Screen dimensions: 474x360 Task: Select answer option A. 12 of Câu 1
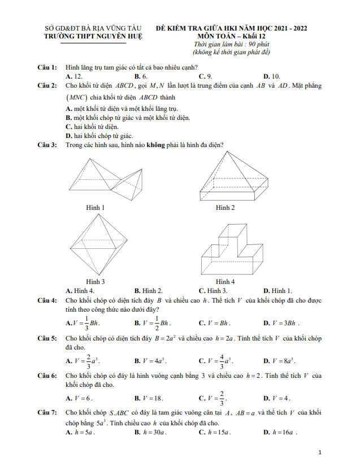[x=75, y=76]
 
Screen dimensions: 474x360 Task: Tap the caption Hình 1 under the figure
[x=95, y=208]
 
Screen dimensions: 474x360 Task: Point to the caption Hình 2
[x=225, y=208]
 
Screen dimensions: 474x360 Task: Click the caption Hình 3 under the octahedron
[x=95, y=281]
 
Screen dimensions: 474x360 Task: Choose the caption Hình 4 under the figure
[x=225, y=281]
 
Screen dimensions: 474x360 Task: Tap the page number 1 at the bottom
[x=320, y=453]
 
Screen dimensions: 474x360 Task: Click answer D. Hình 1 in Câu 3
[x=277, y=290]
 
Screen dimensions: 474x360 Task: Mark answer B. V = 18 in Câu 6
[x=149, y=398]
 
